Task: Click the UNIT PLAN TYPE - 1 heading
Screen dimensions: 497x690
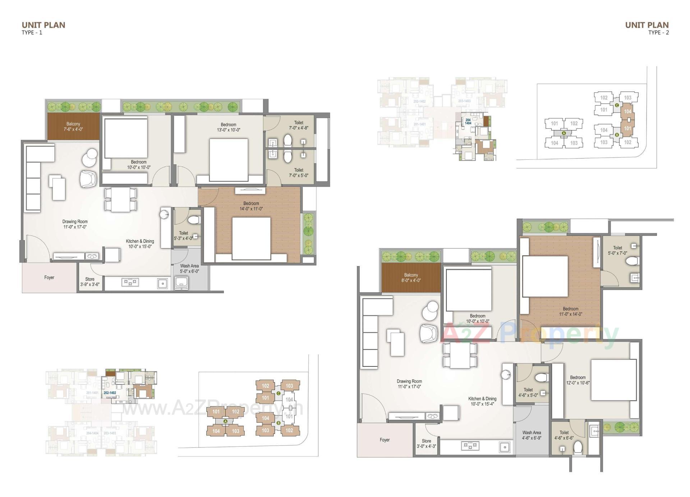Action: tap(43, 28)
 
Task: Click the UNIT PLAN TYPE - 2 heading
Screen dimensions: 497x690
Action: tap(647, 28)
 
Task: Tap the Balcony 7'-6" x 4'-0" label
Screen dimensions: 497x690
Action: tap(73, 127)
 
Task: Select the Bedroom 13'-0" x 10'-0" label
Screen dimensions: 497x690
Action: tap(228, 127)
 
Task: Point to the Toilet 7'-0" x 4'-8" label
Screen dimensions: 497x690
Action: tap(298, 125)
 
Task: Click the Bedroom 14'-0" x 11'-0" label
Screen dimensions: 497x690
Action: tap(251, 206)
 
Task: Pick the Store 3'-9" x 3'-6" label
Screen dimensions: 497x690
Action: tap(90, 282)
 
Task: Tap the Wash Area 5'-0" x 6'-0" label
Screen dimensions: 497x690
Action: tap(189, 269)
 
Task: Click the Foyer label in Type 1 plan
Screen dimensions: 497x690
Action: tap(49, 277)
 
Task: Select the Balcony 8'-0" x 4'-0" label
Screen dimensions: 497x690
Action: tap(411, 278)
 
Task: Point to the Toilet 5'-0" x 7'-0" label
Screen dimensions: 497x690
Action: tap(617, 250)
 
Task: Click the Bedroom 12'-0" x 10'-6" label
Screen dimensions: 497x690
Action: tap(578, 380)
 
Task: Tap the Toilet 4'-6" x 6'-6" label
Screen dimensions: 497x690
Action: tap(564, 435)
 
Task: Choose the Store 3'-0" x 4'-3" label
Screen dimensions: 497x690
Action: tap(426, 443)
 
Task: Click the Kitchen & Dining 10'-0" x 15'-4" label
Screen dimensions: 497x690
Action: tap(482, 401)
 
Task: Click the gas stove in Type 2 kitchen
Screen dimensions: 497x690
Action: tap(470, 446)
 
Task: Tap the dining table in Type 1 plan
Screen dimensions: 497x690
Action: tap(120, 199)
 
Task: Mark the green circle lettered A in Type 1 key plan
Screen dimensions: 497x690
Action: tap(226, 421)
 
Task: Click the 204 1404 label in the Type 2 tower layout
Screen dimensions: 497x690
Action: tap(468, 122)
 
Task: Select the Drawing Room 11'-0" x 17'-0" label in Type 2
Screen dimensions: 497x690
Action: tap(409, 384)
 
